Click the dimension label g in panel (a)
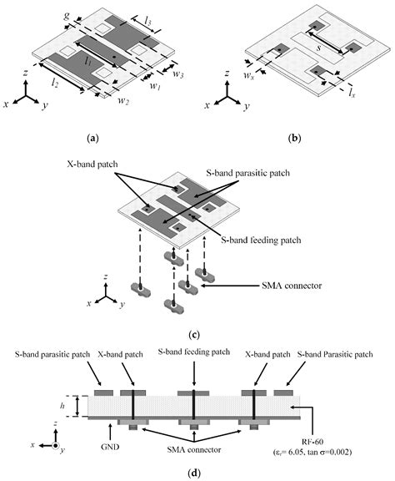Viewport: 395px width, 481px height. tap(67, 16)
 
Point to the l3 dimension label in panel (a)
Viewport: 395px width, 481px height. tap(147, 21)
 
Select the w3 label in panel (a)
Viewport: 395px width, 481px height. tap(177, 73)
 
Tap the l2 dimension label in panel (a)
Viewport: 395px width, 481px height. tap(55, 82)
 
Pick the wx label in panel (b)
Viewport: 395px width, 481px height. tap(248, 74)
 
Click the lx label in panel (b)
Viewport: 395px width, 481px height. tap(352, 93)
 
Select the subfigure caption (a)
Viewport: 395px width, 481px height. tap(92, 139)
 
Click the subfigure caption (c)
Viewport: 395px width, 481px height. tap(194, 335)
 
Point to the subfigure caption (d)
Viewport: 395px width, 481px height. tap(194, 473)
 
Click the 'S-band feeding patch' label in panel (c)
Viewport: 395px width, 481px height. tap(261, 240)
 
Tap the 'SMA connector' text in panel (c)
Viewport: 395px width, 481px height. tap(292, 286)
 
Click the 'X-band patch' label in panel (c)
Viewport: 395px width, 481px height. tap(92, 165)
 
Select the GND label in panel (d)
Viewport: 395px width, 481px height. tap(110, 447)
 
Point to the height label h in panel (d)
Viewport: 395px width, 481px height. tap(62, 406)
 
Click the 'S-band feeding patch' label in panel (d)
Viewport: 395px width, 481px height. tap(194, 352)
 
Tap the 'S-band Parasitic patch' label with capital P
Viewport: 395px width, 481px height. tap(335, 354)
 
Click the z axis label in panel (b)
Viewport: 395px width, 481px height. tap(227, 73)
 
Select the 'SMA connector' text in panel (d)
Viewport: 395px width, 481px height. tap(194, 450)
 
